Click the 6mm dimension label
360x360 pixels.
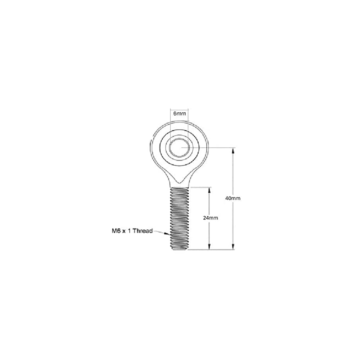coord(180,114)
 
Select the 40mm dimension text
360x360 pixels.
coord(233,198)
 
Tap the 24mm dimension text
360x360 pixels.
coord(211,218)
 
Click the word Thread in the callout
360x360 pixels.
coord(143,231)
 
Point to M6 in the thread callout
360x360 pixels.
coord(116,231)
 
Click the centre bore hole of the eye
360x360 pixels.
coord(180,148)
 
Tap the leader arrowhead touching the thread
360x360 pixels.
coord(168,234)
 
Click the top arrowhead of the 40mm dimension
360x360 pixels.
coord(233,150)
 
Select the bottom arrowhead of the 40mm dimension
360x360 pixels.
coord(233,247)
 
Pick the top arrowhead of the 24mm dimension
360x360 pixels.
coord(209,190)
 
